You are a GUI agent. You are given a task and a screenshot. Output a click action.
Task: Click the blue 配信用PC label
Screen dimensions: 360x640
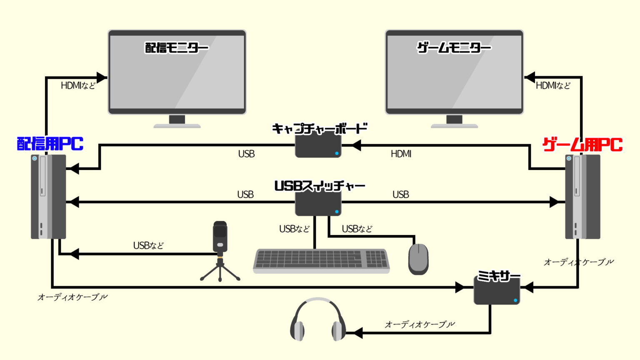[50, 144]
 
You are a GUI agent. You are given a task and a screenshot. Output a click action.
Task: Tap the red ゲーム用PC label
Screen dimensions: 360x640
[582, 145]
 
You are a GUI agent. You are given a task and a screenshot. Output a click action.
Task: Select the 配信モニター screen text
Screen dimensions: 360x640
[177, 48]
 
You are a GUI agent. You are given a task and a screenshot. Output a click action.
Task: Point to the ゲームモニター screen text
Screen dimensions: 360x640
[454, 48]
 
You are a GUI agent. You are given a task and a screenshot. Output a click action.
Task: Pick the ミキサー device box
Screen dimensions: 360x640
[497, 291]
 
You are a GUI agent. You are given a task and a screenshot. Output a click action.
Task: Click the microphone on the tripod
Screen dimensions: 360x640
[220, 237]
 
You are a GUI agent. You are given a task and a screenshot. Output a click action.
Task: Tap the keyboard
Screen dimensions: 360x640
[321, 261]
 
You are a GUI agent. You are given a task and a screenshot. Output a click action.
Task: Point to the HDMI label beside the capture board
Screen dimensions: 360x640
[401, 154]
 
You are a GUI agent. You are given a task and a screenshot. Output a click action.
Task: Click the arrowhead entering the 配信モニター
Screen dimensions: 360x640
[102, 77]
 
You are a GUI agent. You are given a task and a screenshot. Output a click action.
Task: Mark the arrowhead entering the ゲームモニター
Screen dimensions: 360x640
[530, 77]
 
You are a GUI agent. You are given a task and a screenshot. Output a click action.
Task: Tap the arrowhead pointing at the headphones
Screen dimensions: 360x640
[357, 333]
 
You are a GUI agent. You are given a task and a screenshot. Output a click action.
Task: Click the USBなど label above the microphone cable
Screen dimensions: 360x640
[148, 246]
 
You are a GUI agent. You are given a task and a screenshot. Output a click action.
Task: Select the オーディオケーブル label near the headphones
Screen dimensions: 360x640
[420, 324]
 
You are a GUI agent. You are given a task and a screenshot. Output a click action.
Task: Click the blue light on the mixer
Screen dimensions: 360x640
[515, 300]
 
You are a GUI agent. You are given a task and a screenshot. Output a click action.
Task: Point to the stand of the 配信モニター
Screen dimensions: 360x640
[177, 122]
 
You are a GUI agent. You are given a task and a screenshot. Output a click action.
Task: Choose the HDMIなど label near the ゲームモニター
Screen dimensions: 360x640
[553, 86]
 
